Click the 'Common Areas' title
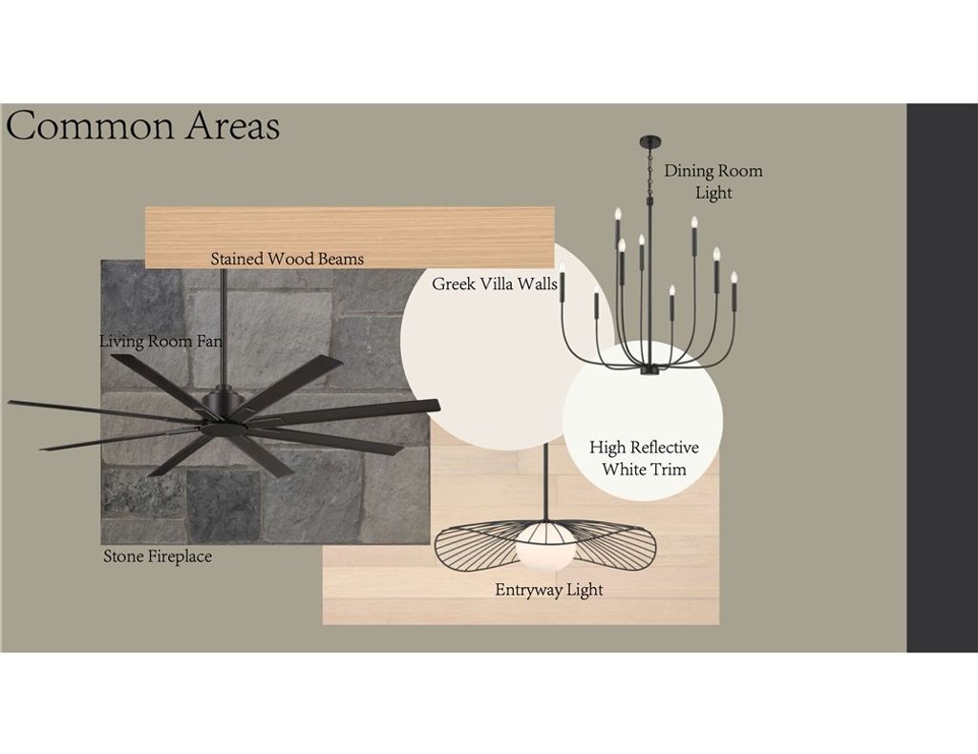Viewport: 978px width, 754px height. pyautogui.click(x=143, y=125)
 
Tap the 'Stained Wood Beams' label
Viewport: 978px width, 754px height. pyautogui.click(x=287, y=259)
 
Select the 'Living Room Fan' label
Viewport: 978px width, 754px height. pyautogui.click(x=160, y=342)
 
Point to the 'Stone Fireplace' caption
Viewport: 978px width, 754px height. pyautogui.click(x=158, y=556)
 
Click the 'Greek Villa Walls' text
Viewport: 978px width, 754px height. pyautogui.click(x=495, y=284)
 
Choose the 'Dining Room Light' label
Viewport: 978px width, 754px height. pyautogui.click(x=712, y=181)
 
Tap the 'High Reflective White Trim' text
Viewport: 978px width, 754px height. pyautogui.click(x=644, y=458)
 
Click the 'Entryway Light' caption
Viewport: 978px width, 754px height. pyautogui.click(x=549, y=590)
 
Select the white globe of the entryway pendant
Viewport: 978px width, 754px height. pyautogui.click(x=543, y=546)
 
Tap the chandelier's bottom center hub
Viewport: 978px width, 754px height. pyautogui.click(x=649, y=370)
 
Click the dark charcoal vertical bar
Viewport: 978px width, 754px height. pyautogui.click(x=942, y=378)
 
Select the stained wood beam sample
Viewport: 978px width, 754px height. pyautogui.click(x=350, y=237)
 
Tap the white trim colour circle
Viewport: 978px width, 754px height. pyautogui.click(x=643, y=421)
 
